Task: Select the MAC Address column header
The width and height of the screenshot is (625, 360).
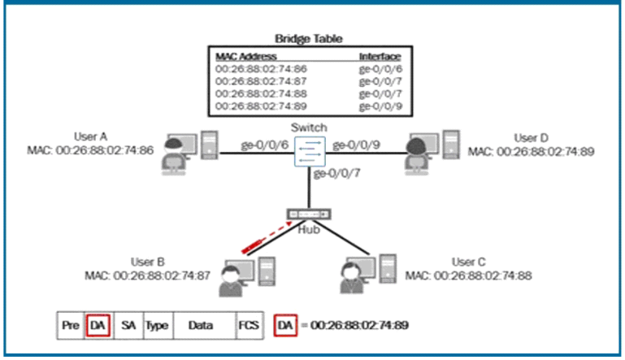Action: click(246, 57)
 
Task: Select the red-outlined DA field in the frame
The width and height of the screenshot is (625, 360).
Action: click(98, 325)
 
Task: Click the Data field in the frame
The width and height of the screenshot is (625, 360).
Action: click(201, 325)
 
